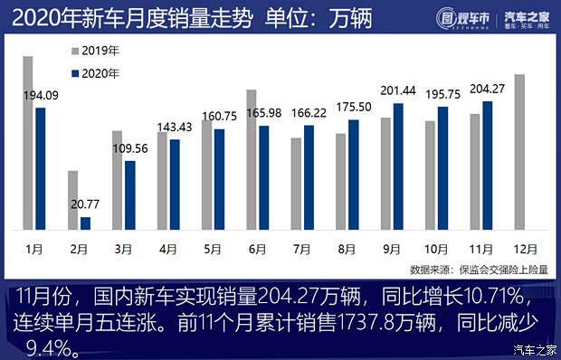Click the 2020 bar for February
pos(86,223)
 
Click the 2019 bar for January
pos(28,143)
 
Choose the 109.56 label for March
pos(130,148)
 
